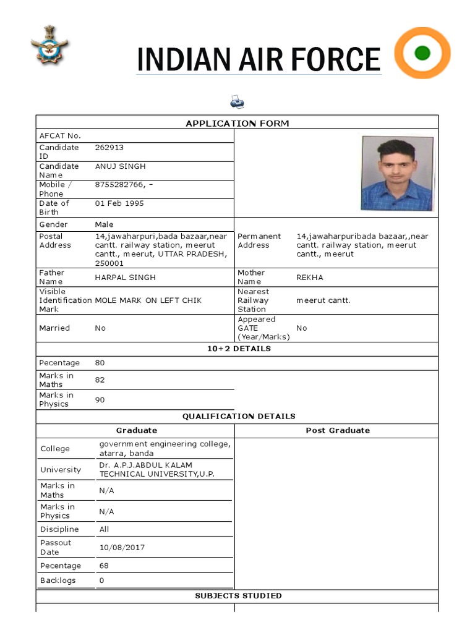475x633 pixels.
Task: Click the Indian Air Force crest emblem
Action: (50, 45)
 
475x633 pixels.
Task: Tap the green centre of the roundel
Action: (422, 53)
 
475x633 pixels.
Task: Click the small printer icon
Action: (237, 101)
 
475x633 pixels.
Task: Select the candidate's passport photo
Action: (397, 173)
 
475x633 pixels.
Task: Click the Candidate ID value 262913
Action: (109, 148)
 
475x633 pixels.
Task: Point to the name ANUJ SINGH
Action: (120, 166)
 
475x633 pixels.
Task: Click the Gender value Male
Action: (104, 224)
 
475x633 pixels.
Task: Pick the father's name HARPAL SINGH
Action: (125, 278)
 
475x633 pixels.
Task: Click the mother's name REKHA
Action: (309, 278)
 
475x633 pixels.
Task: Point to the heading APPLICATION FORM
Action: (237, 124)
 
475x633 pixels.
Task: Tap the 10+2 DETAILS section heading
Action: (239, 349)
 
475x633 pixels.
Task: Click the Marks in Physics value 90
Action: (100, 400)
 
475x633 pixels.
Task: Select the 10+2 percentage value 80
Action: (100, 363)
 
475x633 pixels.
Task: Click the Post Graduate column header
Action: (338, 430)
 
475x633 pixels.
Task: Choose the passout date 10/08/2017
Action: (122, 548)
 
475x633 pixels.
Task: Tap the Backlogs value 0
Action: (101, 580)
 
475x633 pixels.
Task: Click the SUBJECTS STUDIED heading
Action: (238, 596)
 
